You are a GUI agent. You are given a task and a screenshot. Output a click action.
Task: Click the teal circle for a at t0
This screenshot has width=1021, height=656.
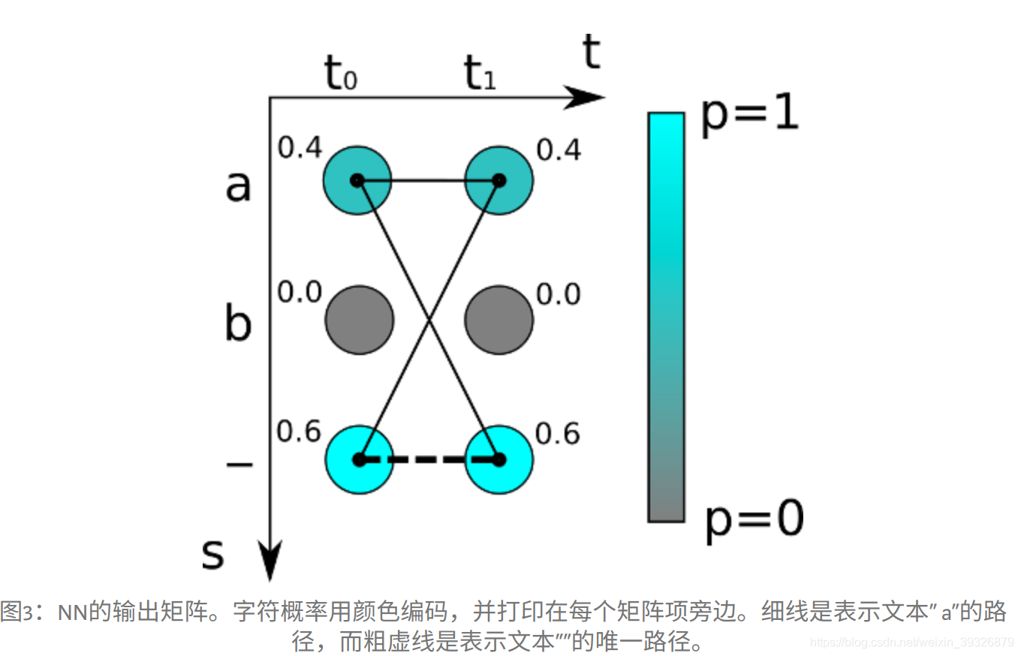[x=357, y=180]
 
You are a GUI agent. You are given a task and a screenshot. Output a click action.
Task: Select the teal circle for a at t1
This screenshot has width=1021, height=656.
[x=498, y=180]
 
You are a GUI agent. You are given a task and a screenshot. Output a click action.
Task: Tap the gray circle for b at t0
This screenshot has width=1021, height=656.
[x=359, y=320]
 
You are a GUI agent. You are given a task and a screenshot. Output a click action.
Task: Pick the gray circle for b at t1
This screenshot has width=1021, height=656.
[x=498, y=320]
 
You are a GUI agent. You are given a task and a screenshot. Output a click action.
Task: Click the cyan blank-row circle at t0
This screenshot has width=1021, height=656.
[x=359, y=459]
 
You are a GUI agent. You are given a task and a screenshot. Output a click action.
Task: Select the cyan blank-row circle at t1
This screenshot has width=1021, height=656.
[x=498, y=459]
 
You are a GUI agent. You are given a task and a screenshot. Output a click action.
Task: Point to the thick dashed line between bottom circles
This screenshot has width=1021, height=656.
[x=429, y=459]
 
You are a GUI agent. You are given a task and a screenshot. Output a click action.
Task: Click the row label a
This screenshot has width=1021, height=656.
[x=238, y=185]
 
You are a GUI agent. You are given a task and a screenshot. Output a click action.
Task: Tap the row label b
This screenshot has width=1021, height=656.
[x=238, y=324]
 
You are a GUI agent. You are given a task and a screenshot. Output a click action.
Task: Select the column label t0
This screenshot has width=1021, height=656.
[x=340, y=74]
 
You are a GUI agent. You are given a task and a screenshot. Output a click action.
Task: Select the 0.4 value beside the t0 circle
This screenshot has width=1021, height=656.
[x=300, y=149]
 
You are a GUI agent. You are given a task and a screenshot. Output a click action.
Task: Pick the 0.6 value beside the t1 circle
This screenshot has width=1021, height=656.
[x=558, y=434]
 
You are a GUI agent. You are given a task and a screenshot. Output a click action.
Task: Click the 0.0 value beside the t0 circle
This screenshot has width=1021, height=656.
[x=300, y=293]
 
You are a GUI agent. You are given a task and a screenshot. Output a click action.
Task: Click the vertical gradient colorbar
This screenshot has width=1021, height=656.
[x=666, y=317]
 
